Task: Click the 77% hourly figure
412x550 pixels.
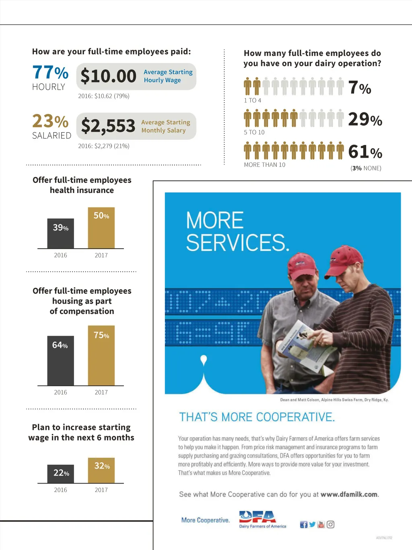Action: [x=50, y=73]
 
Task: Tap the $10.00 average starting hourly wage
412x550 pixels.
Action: [x=109, y=76]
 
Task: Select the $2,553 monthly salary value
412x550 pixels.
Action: [x=108, y=126]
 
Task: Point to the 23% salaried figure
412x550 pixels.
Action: [x=50, y=121]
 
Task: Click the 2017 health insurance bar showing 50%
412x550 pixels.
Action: [x=101, y=228]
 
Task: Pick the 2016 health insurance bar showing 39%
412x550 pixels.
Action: [x=61, y=233]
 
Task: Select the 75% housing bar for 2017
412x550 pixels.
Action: [x=101, y=355]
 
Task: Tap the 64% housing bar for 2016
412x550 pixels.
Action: [x=61, y=360]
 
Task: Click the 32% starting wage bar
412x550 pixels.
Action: [x=101, y=470]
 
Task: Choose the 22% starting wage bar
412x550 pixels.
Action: [x=61, y=474]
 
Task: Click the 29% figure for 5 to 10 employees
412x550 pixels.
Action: [x=365, y=120]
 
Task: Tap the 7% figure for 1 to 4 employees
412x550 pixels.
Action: [x=360, y=88]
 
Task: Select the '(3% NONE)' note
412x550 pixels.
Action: [x=366, y=168]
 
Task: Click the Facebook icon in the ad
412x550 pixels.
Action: [x=304, y=524]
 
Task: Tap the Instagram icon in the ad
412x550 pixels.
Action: [x=330, y=524]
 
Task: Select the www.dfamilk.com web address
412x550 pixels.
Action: [x=349, y=494]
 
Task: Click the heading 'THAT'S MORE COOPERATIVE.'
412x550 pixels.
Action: [x=257, y=417]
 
